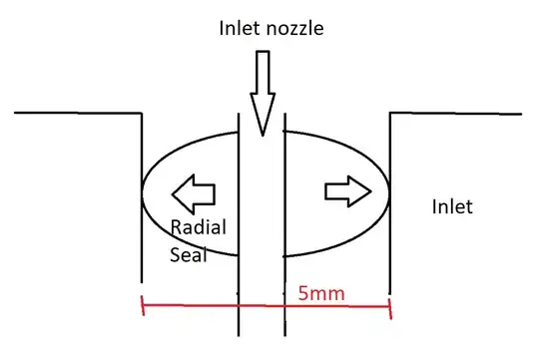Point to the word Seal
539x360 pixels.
(187, 255)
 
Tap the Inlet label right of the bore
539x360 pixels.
(451, 207)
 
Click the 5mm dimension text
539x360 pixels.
(316, 294)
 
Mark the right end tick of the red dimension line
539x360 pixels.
(389, 306)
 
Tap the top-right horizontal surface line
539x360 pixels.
(454, 113)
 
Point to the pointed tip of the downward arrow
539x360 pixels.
(262, 133)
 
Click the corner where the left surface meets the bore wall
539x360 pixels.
(142, 114)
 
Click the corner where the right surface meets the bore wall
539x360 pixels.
(389, 114)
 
